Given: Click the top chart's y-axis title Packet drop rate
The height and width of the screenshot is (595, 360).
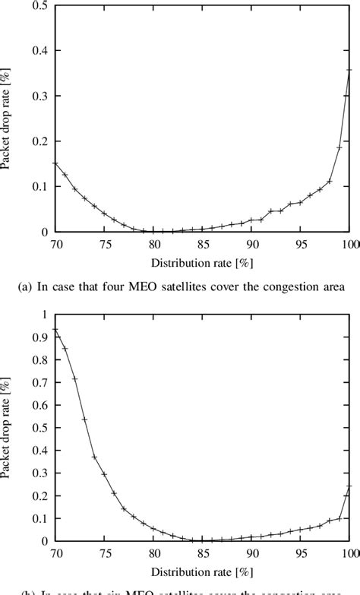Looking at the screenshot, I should tap(9, 119).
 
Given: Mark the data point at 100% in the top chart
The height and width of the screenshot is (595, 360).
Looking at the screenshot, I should tap(349, 70).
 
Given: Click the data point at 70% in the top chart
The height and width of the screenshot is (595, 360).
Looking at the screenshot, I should tap(55, 163).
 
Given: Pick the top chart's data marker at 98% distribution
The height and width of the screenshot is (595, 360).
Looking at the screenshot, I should tap(330, 181).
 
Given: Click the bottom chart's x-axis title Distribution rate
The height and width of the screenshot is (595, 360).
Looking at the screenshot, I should tap(202, 571).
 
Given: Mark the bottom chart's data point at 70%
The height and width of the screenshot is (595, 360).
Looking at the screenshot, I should tap(55, 329).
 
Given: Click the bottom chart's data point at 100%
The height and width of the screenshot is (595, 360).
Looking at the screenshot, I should tap(349, 487).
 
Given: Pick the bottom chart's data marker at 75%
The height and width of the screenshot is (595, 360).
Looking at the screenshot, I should tap(104, 474).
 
